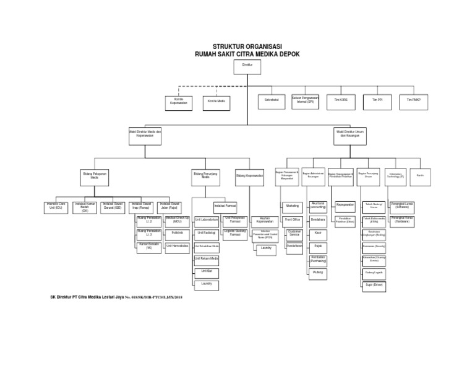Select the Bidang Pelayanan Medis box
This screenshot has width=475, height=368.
pos(94,176)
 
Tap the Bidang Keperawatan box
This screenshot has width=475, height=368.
pos(250,177)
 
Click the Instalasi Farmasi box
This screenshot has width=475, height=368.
pos(225,206)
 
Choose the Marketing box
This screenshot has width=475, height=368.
pos(293,206)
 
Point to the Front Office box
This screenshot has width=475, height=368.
pos(293,219)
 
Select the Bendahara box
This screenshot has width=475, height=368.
pos(318,219)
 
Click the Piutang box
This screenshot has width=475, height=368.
pos(318,272)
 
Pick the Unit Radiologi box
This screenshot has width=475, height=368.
pos(206,233)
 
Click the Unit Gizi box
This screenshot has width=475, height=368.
pos(206,271)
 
